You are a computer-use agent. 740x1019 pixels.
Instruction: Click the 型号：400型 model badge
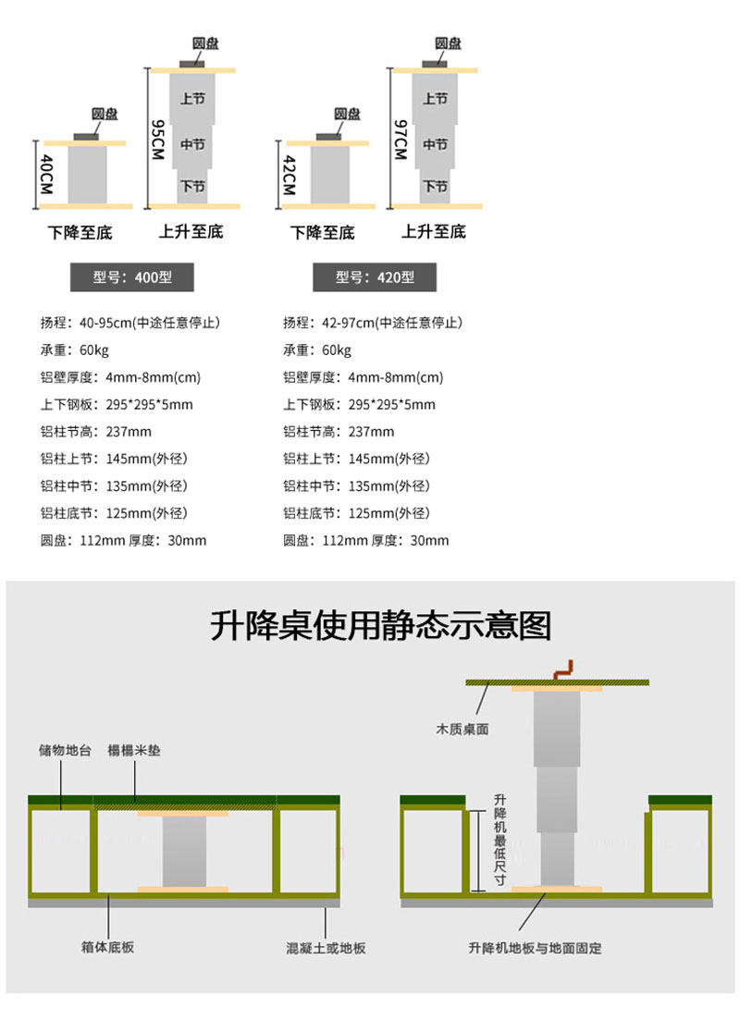[133, 276]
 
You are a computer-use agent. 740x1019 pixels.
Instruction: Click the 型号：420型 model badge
[375, 276]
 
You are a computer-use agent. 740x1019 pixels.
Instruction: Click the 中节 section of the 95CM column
[192, 145]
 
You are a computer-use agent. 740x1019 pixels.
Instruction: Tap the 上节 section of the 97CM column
[436, 99]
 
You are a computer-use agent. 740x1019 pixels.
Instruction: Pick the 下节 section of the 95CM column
[192, 187]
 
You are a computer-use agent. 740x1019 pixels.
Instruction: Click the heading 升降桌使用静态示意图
[380, 626]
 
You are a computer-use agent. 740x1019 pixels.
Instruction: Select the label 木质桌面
[462, 729]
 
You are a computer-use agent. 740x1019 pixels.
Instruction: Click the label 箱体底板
[108, 947]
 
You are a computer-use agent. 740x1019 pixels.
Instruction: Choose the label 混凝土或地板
[326, 947]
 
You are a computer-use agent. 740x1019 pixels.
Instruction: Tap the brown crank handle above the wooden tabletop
[563, 670]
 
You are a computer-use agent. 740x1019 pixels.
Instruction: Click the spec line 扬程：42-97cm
[373, 323]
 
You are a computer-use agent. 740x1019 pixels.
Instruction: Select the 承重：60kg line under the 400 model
[74, 350]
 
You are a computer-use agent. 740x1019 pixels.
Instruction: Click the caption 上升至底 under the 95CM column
[191, 231]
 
